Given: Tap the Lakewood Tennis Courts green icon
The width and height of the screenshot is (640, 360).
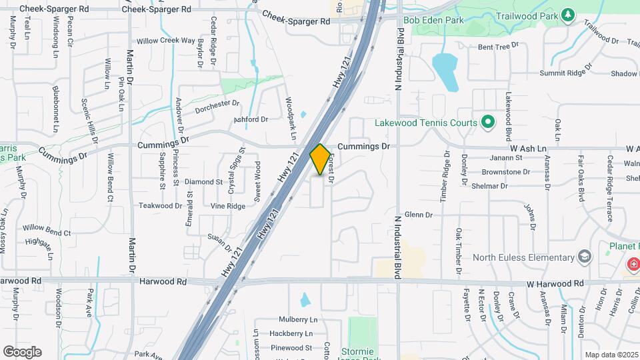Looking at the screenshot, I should [x=487, y=123].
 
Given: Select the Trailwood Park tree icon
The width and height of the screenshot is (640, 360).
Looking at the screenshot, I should [x=568, y=14].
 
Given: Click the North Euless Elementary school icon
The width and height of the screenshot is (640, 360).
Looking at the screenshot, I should [x=584, y=257].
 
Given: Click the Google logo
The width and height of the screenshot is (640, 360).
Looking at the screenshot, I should [x=22, y=351].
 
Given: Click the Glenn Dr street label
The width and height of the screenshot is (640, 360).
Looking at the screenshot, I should [x=419, y=215].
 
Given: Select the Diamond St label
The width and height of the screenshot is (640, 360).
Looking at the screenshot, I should [x=203, y=181].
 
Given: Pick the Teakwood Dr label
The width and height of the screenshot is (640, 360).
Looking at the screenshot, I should [x=160, y=206].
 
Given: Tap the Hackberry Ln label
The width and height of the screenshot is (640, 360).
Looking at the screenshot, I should [x=291, y=333].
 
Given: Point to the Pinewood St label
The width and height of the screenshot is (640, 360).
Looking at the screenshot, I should [x=291, y=347].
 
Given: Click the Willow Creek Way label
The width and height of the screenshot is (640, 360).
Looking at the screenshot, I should [x=166, y=41].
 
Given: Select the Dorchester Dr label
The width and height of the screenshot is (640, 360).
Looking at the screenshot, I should [x=217, y=107].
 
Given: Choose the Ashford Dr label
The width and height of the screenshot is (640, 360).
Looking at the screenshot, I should [x=250, y=119].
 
